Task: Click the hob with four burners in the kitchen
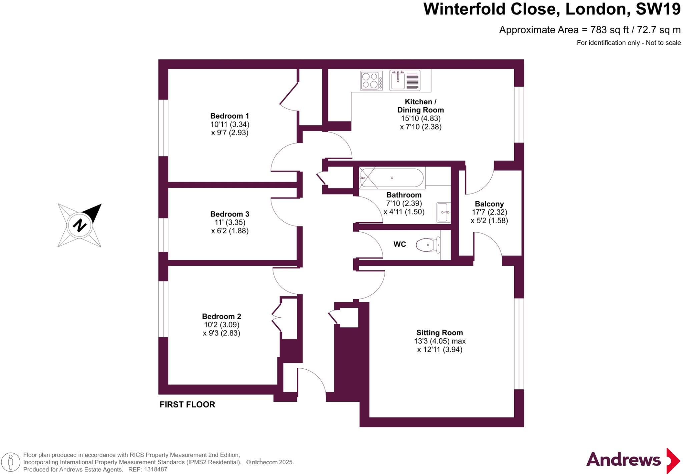pyautogui.click(x=371, y=81)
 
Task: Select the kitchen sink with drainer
pyautogui.click(x=405, y=80)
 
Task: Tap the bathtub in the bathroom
pyautogui.click(x=392, y=178)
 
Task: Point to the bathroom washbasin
pyautogui.click(x=444, y=212)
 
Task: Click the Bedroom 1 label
pyautogui.click(x=229, y=116)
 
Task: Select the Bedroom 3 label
pyautogui.click(x=229, y=214)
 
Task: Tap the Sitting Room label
pyautogui.click(x=440, y=332)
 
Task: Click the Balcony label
pyautogui.click(x=489, y=204)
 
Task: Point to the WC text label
pyautogui.click(x=400, y=244)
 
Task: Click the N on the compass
pyautogui.click(x=79, y=226)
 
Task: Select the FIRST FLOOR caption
pyautogui.click(x=187, y=404)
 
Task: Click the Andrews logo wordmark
pyautogui.click(x=623, y=460)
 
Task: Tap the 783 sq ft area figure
pyautogui.click(x=609, y=30)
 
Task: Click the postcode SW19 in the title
pyautogui.click(x=658, y=9)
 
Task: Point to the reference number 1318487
pyautogui.click(x=155, y=469)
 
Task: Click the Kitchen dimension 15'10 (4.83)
pyautogui.click(x=421, y=118)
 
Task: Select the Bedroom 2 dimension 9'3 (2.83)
pyautogui.click(x=221, y=333)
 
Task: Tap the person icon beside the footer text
pyautogui.click(x=11, y=462)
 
